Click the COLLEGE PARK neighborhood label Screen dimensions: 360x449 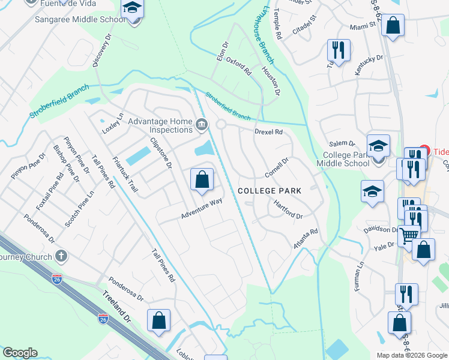pos(269,190)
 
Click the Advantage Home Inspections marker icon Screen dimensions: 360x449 pos(202,125)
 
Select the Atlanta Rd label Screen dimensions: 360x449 pos(306,239)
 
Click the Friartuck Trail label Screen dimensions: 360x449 pos(125,179)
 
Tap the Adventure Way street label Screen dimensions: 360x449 pos(202,209)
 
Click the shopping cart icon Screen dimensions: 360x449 pos(409,236)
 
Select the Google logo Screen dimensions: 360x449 pos(20,353)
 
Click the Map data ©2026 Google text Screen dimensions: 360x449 pos(412,355)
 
